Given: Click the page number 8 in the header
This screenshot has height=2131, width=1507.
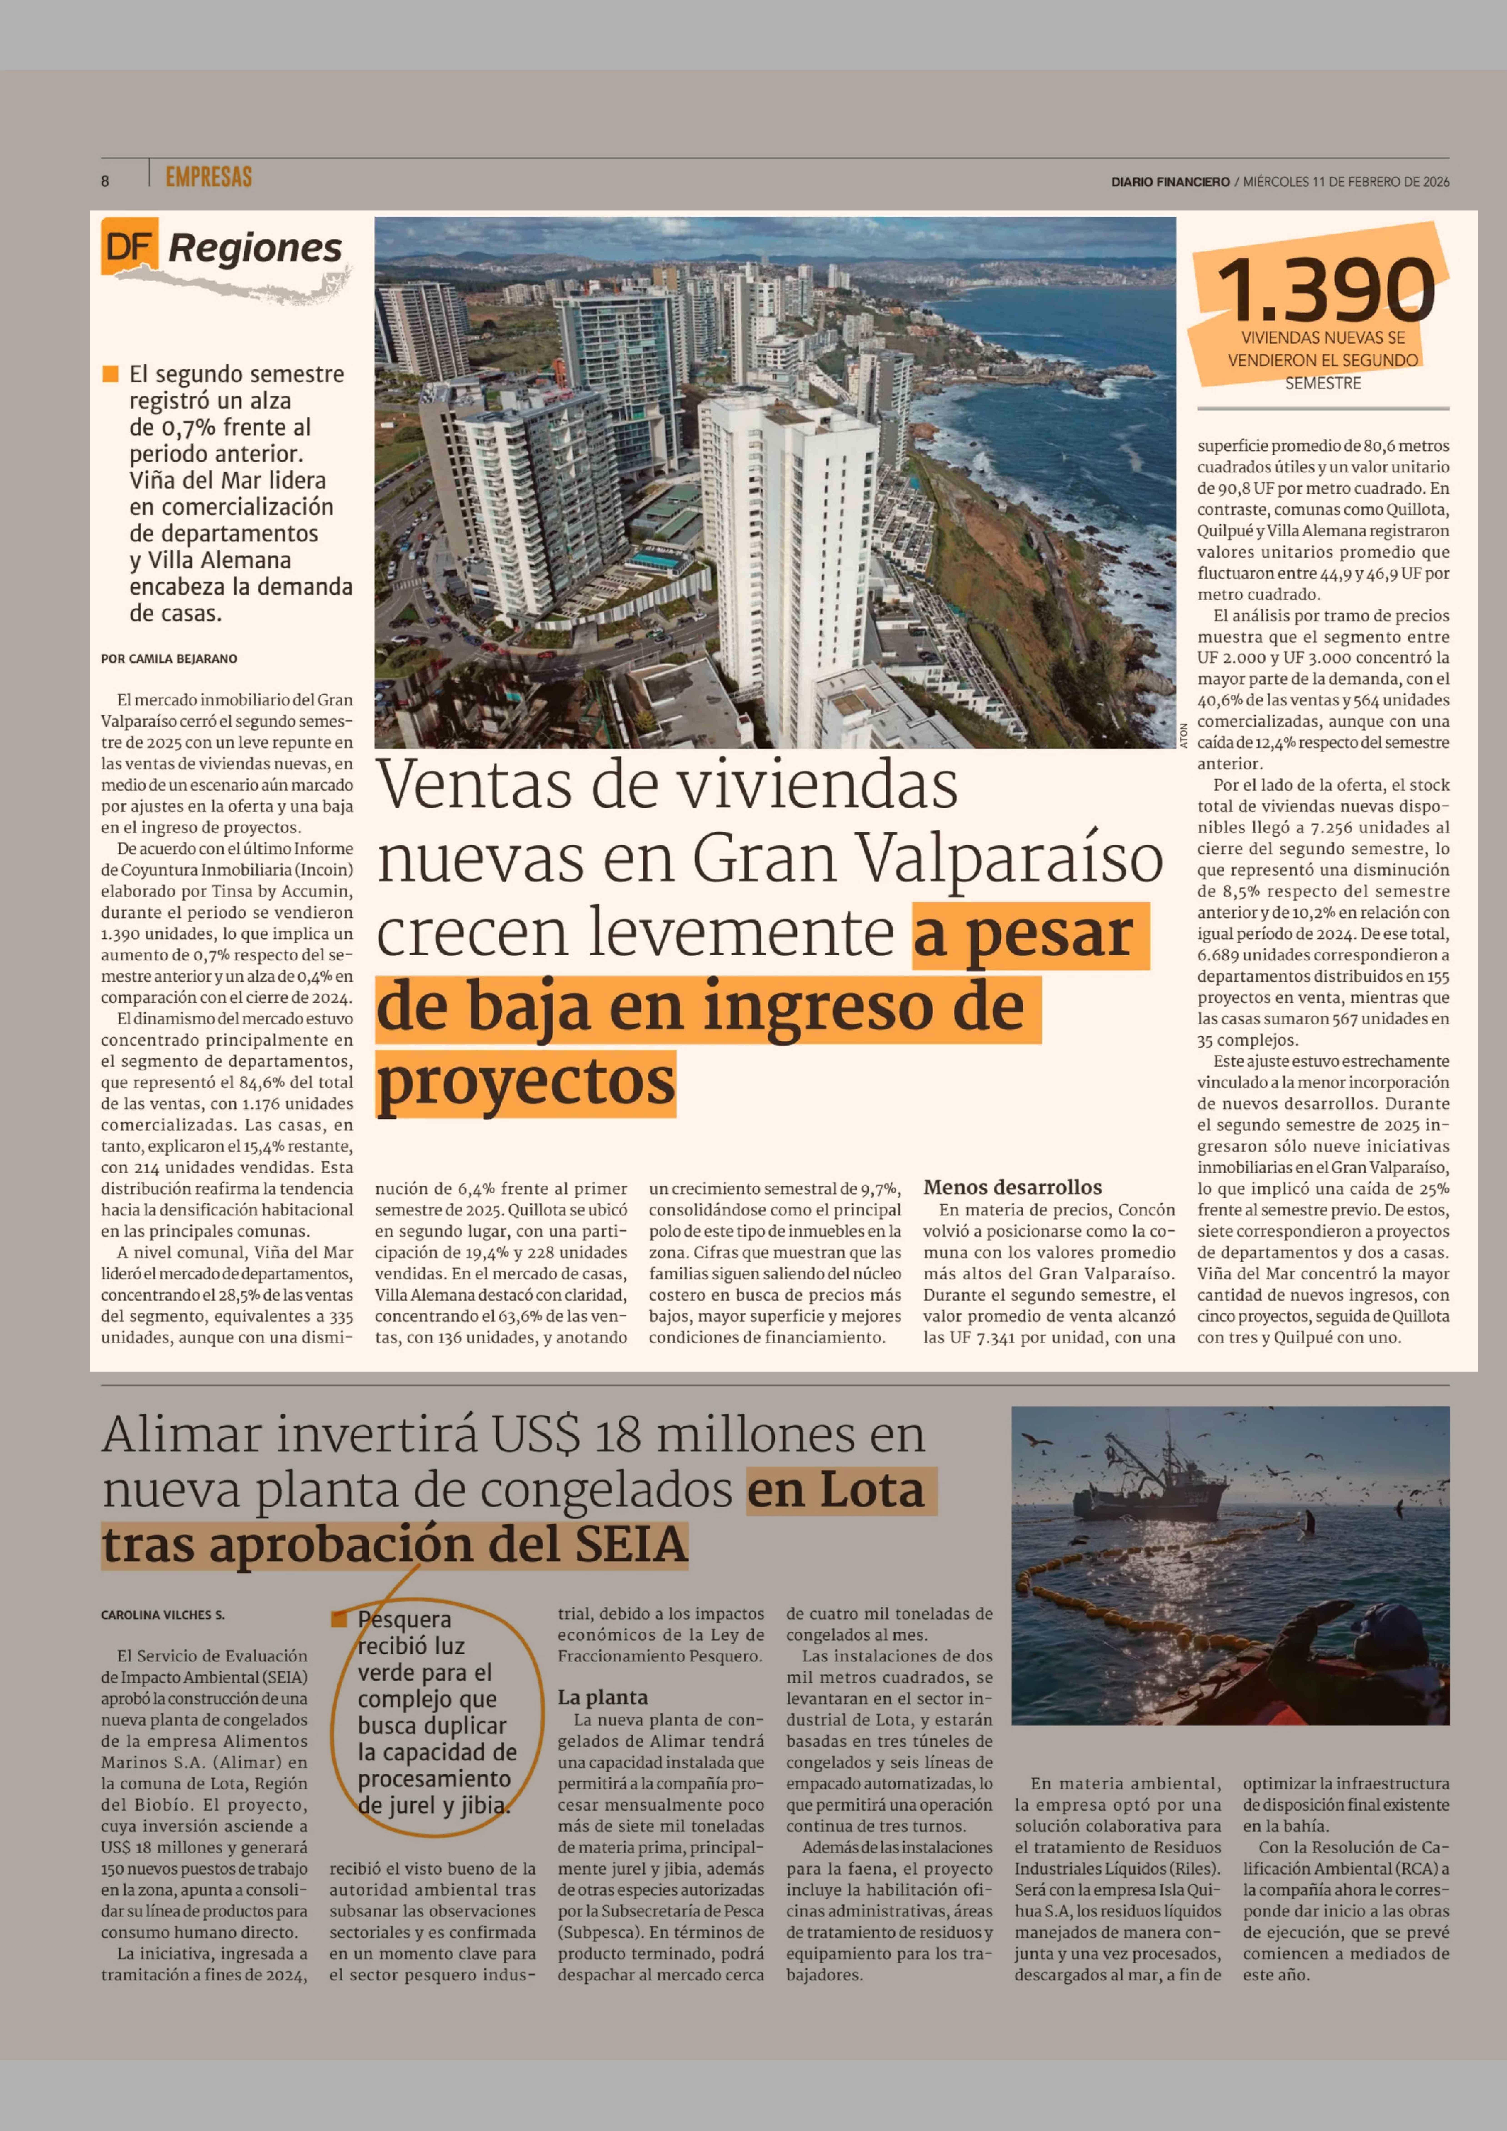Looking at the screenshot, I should [105, 181].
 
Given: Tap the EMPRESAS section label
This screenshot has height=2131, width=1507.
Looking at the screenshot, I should [209, 176].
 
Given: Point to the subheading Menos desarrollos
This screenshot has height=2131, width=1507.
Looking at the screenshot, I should [1012, 1187].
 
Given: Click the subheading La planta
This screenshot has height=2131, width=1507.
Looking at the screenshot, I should [602, 1698].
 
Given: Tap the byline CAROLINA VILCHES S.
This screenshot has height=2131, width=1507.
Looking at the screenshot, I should [163, 1615].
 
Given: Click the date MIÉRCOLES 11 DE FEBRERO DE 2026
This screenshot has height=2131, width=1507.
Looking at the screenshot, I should [1346, 182].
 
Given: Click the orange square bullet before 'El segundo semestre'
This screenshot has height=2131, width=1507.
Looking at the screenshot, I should [110, 374].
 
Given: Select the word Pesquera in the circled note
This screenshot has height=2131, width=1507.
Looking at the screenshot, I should [405, 1620].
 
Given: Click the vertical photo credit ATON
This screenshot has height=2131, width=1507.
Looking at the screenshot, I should [1184, 735].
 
